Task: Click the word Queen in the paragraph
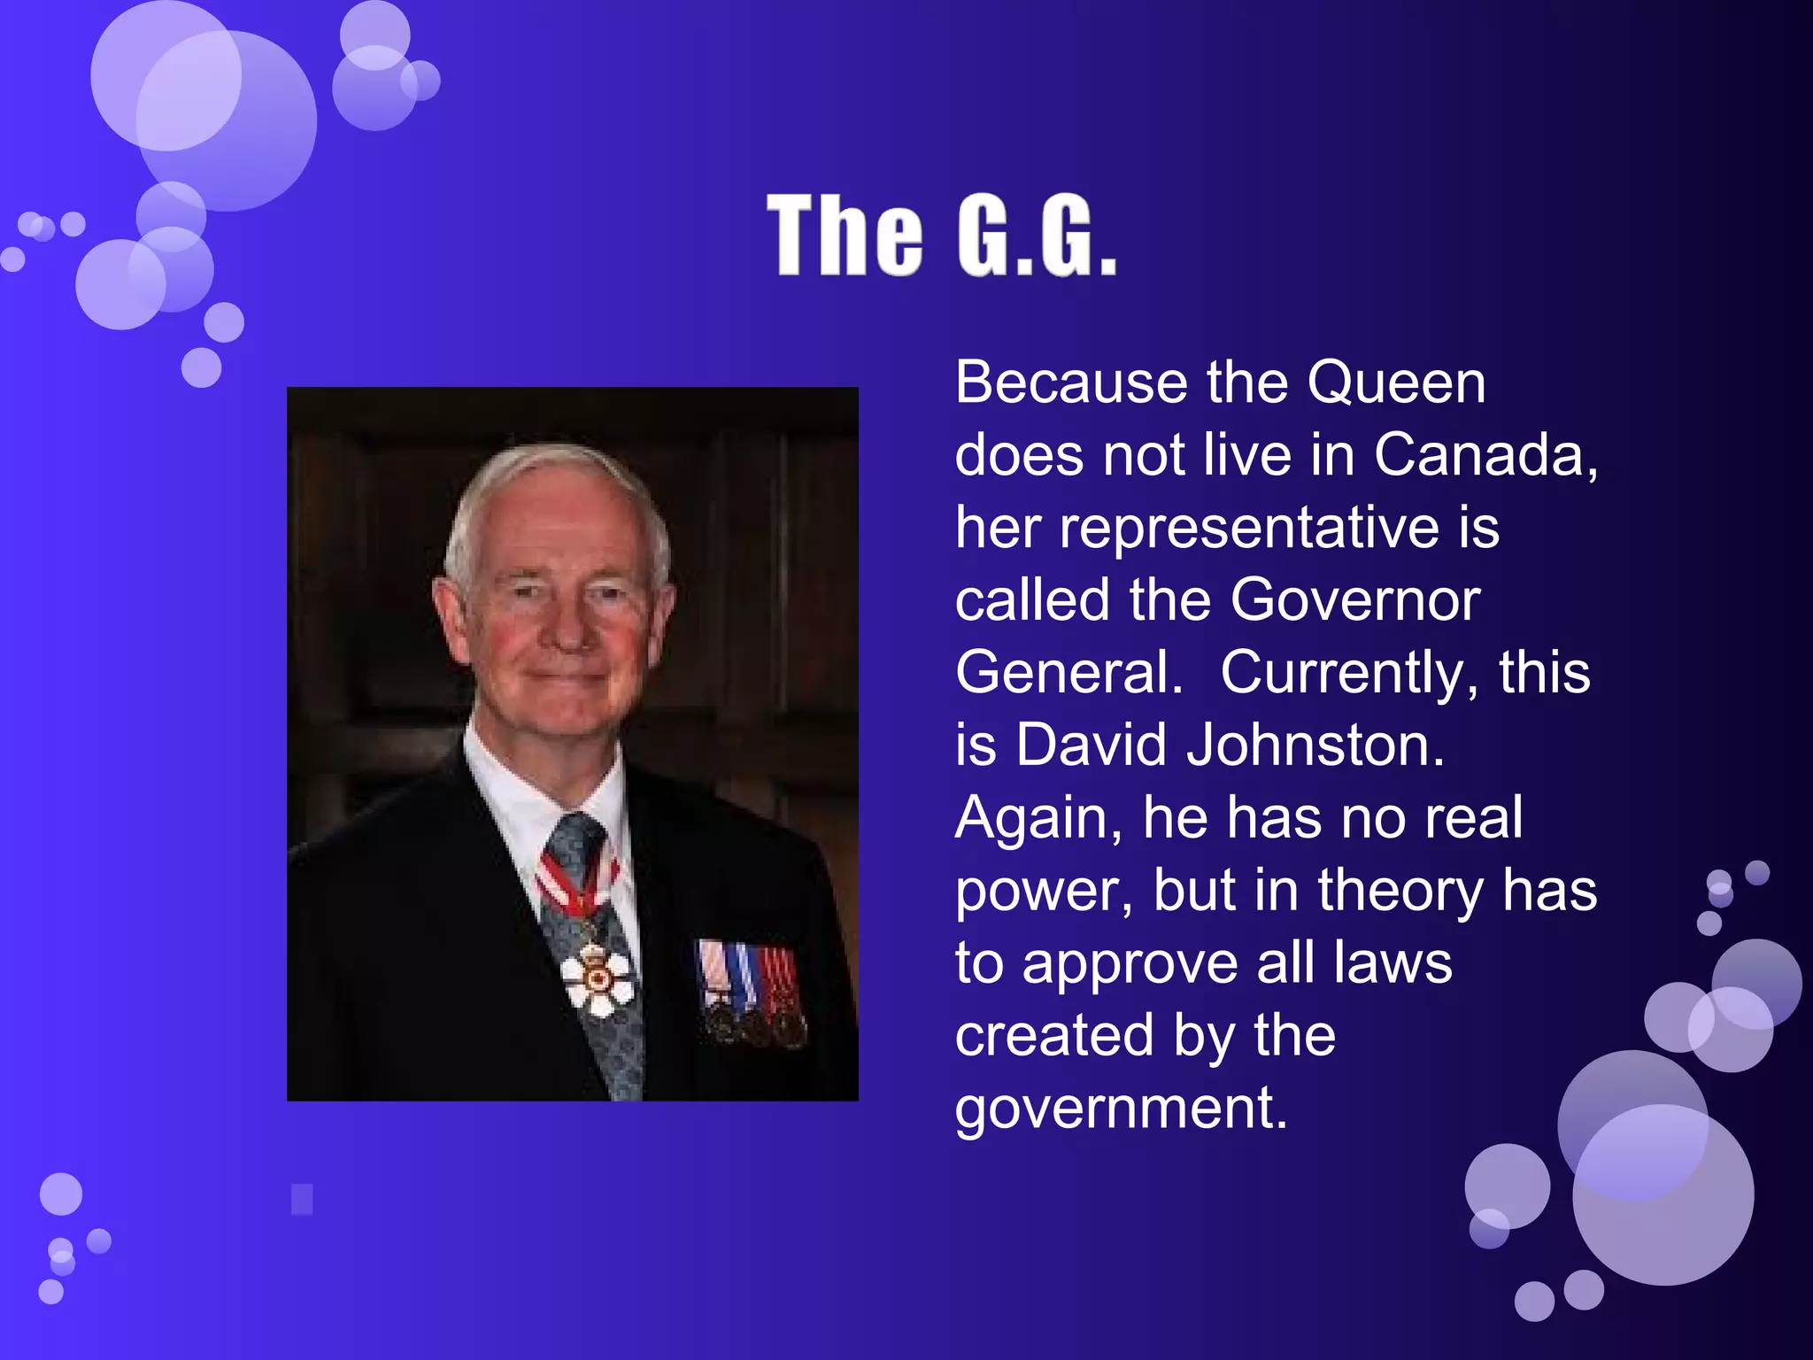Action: point(1396,383)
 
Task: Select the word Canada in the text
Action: point(1485,455)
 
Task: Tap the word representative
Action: point(1249,529)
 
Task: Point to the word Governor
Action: point(1354,600)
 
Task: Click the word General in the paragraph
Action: point(1068,673)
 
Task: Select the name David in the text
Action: point(1091,746)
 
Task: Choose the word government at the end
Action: point(1120,1109)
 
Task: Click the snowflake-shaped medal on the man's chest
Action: point(598,978)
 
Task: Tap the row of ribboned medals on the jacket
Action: point(752,992)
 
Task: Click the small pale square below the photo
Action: point(302,1199)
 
